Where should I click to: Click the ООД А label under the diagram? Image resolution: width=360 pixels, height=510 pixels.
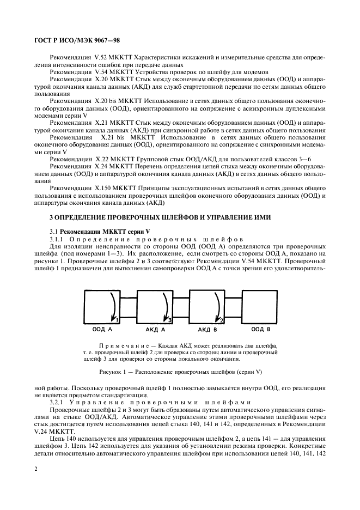click(102, 330)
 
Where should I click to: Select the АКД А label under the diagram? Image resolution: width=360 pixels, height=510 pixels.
click(155, 330)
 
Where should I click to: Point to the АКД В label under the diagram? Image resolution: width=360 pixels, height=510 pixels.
click(208, 330)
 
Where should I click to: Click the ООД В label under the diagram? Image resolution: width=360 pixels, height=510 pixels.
click(260, 330)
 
